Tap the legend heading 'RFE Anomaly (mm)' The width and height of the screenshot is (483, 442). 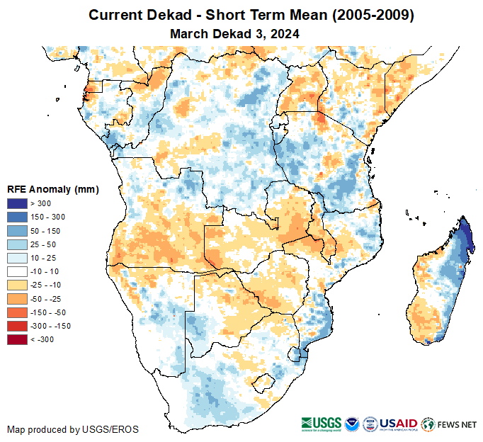coord(53,189)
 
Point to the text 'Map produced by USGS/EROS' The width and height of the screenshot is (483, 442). coord(73,429)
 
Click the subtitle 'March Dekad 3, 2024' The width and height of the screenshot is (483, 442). coord(234,33)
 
